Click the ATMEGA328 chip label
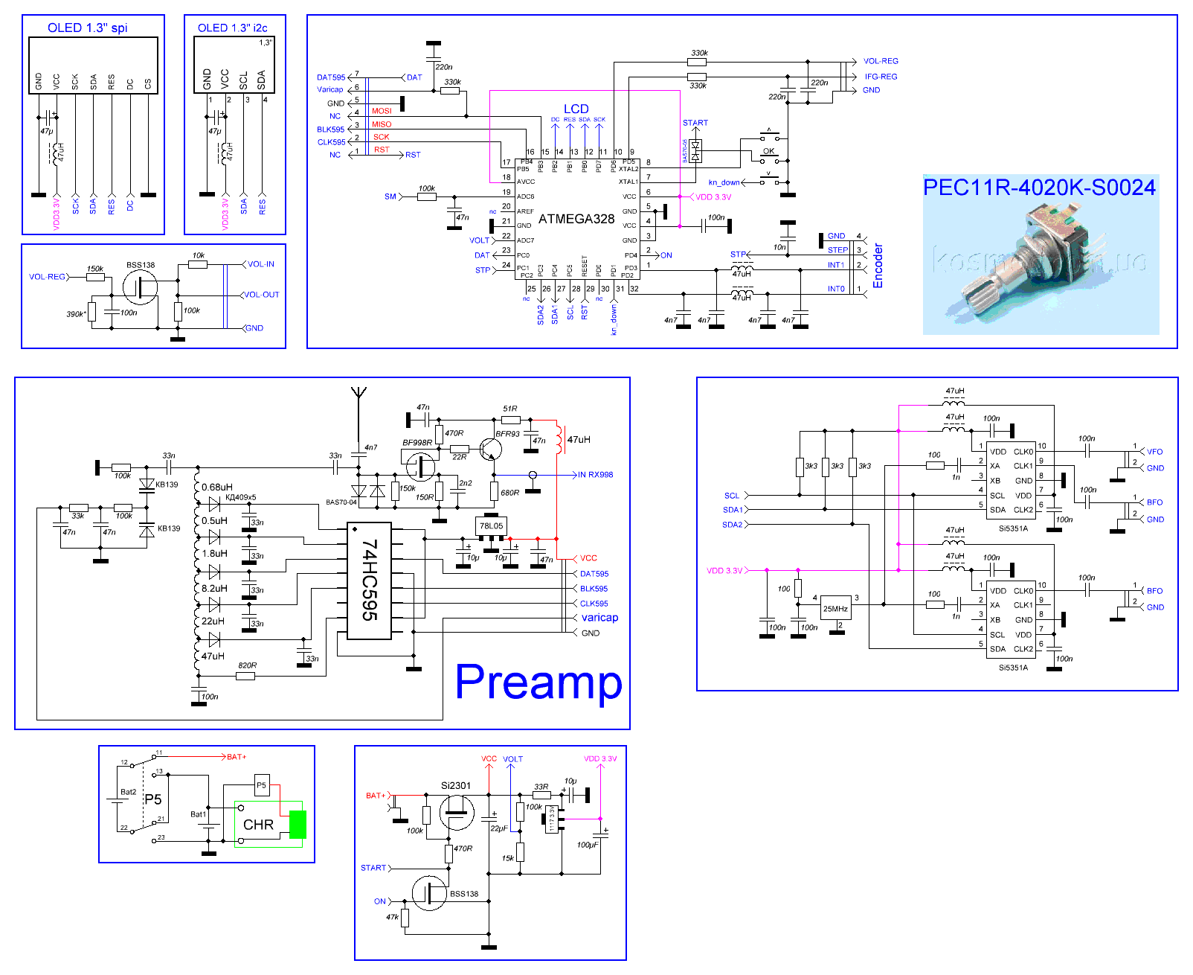coord(576,219)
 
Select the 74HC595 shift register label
coord(370,580)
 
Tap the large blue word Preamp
coord(538,682)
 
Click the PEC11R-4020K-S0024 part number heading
coord(1039,188)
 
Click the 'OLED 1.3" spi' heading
coord(87,28)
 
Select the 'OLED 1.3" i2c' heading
coord(232,28)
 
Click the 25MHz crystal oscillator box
coord(835,608)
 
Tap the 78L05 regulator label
coord(491,525)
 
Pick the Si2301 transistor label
coord(455,785)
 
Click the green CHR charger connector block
coord(298,825)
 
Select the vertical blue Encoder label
coord(878,266)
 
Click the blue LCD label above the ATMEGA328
coord(576,109)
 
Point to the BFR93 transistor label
coord(507,434)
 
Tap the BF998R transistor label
coord(417,443)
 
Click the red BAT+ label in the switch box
coord(237,757)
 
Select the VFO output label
coord(1154,452)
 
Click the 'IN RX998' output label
coord(595,475)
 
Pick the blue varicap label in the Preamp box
coord(599,618)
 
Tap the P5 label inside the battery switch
coord(153,799)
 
